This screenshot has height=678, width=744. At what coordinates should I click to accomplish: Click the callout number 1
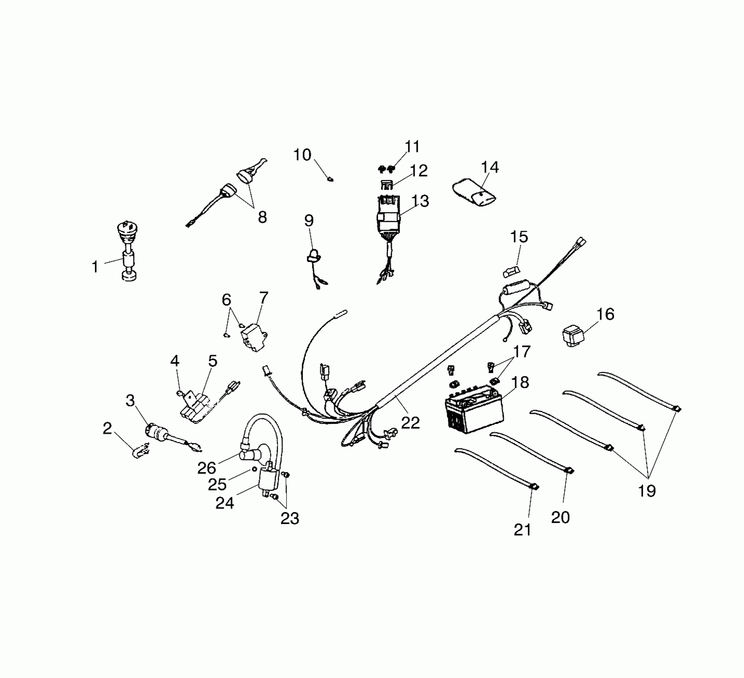[x=95, y=267]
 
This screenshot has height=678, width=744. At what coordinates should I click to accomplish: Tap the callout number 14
[x=490, y=168]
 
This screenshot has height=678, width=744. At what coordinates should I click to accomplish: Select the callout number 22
[x=410, y=423]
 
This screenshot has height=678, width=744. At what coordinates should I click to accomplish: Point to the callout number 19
[x=647, y=491]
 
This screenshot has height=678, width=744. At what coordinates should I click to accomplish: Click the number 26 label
[x=207, y=468]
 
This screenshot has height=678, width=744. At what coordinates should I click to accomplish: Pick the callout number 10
[x=302, y=155]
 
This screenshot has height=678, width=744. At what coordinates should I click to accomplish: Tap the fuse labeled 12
[x=385, y=185]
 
